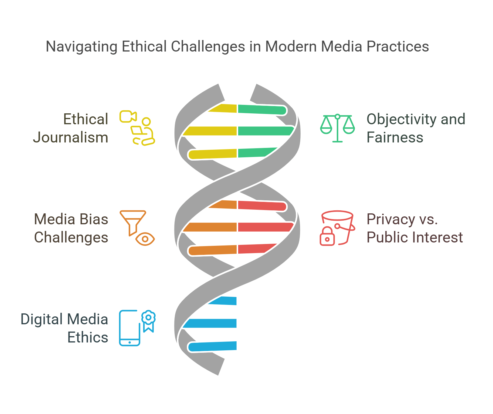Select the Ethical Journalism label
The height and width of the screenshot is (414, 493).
(71, 128)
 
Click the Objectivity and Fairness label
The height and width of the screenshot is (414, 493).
(416, 128)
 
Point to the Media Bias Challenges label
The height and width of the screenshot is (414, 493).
(71, 228)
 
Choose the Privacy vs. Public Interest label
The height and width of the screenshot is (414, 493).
(414, 228)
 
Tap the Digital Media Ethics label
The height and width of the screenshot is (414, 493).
(64, 328)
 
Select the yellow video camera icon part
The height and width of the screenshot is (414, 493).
(128, 117)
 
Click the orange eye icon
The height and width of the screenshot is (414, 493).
(145, 239)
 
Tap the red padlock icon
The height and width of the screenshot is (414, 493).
(327, 236)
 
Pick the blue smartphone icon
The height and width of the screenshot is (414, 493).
(130, 328)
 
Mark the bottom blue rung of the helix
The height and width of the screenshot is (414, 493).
(212, 346)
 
